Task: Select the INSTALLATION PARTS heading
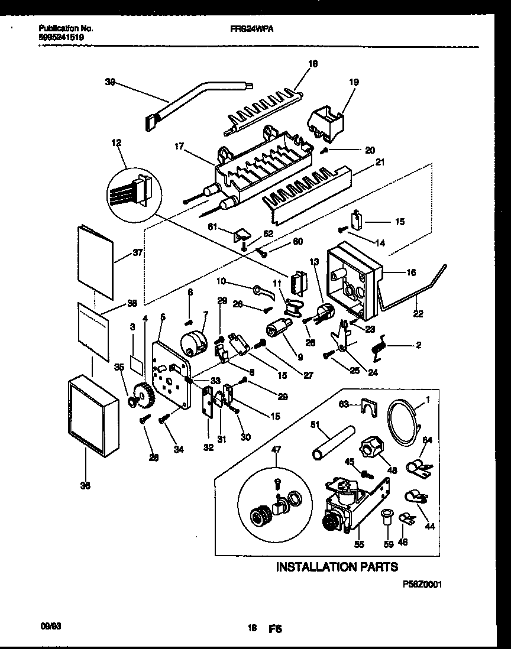[x=337, y=567]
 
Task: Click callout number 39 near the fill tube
[x=110, y=84]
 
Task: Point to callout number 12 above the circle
[x=115, y=142]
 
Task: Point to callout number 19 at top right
[x=353, y=83]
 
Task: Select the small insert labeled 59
[x=388, y=518]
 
